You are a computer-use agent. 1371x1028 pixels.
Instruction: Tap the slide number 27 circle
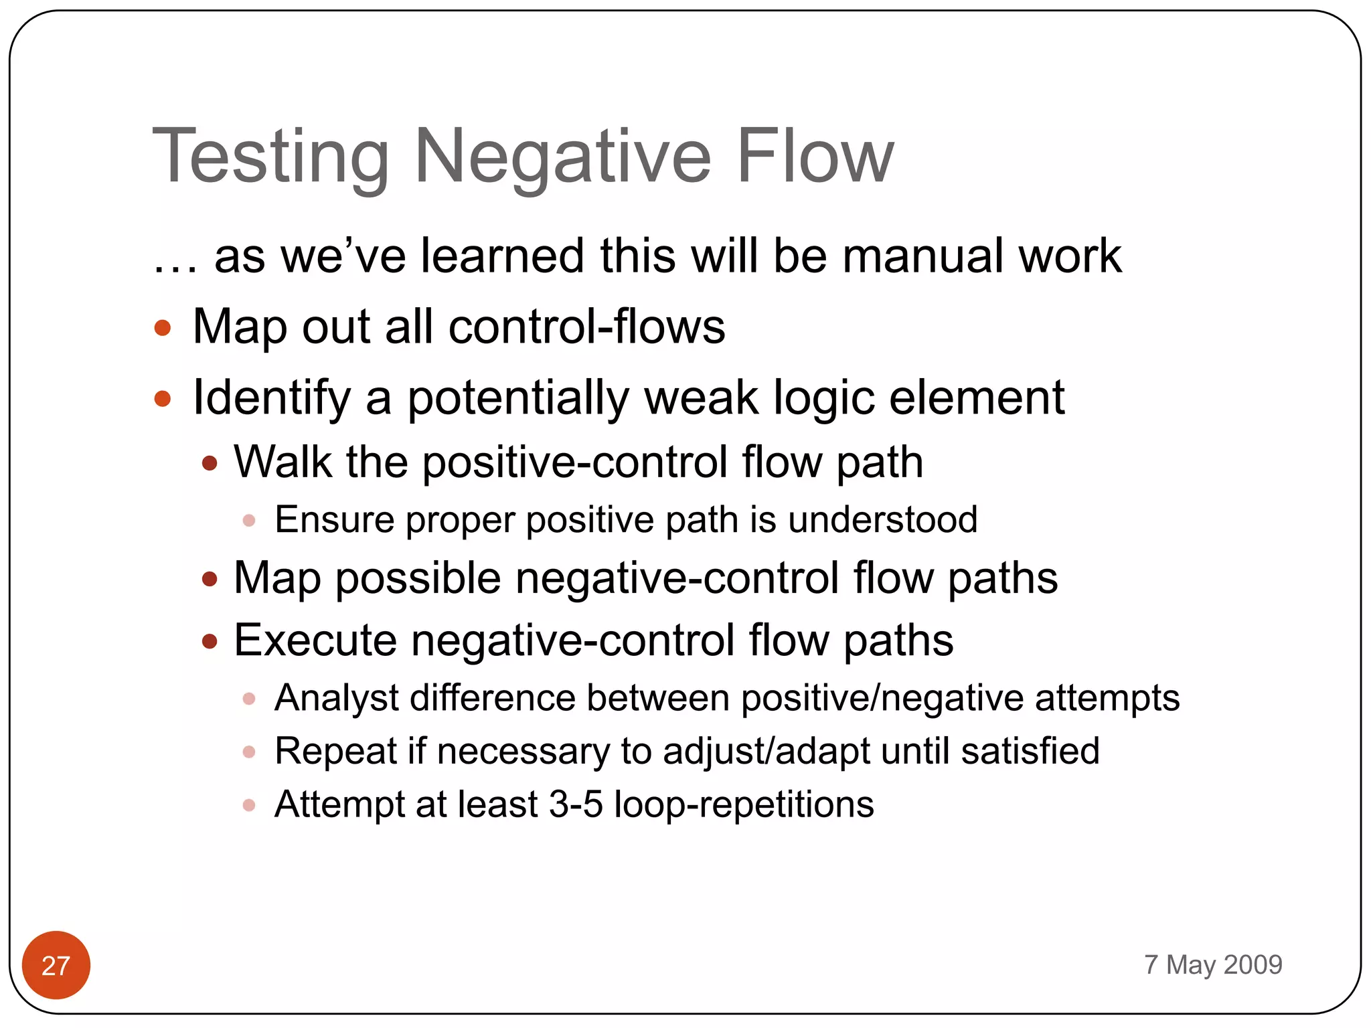[56, 965]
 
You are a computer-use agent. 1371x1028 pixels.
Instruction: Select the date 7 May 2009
[1213, 964]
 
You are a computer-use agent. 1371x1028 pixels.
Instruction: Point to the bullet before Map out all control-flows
[163, 328]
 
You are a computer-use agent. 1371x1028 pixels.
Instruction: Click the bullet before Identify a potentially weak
[163, 399]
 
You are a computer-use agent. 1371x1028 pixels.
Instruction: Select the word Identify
[271, 399]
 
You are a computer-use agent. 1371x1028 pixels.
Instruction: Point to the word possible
[418, 578]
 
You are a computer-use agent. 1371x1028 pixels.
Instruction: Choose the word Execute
[315, 640]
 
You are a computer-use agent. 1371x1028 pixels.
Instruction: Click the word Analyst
[337, 698]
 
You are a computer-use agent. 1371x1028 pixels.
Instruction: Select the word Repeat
[336, 752]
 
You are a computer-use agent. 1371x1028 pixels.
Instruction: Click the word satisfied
[1030, 751]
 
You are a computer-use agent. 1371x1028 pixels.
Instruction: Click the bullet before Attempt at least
[249, 804]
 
